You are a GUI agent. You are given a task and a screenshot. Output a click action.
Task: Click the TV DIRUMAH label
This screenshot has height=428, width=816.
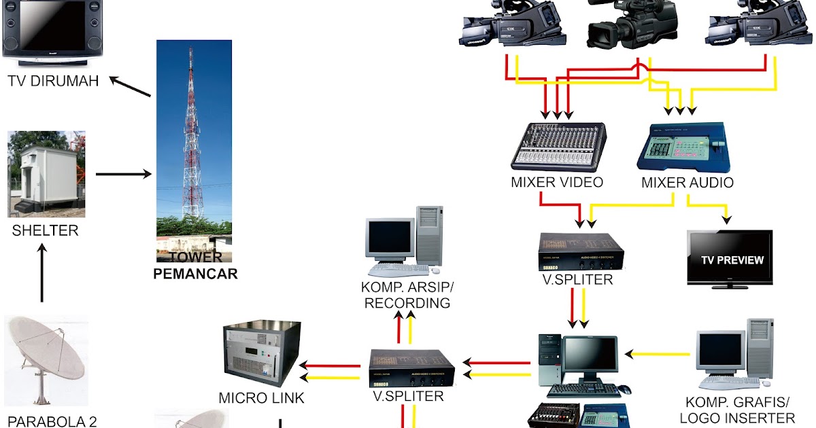point(53,81)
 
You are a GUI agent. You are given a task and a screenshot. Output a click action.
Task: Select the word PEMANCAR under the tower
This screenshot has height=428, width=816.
point(195,274)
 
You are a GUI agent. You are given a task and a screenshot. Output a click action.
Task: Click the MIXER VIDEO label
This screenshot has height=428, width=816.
point(557,183)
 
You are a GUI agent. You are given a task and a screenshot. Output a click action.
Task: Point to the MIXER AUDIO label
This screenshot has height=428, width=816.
point(687,183)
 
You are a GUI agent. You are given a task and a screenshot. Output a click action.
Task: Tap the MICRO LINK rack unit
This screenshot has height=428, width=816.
point(262,353)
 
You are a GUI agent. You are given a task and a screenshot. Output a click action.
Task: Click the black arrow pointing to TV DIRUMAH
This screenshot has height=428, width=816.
point(130,86)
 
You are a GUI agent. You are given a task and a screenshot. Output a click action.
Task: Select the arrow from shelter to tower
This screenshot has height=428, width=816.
point(123,175)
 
